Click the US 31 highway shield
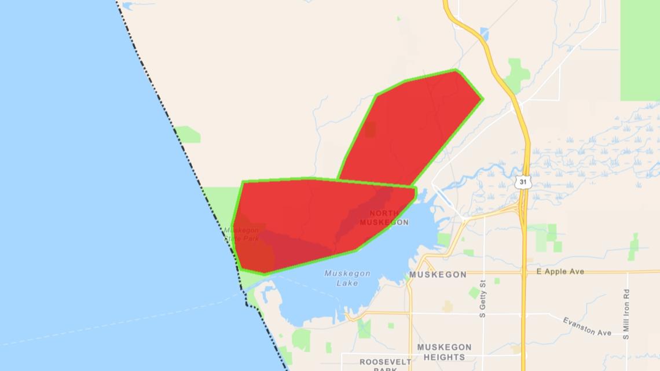(x=523, y=182)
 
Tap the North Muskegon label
(x=384, y=218)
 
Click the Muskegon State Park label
(x=241, y=234)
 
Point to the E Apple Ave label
(x=560, y=271)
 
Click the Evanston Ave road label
(x=587, y=326)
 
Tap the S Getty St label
(x=482, y=299)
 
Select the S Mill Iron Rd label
(x=626, y=314)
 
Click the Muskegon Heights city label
(x=444, y=352)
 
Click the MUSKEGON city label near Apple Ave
(x=438, y=274)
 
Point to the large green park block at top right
(x=640, y=49)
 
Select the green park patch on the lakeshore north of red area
(x=188, y=135)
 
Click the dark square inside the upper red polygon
(x=370, y=129)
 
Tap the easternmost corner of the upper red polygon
(x=482, y=99)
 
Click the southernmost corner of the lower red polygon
(x=264, y=273)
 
